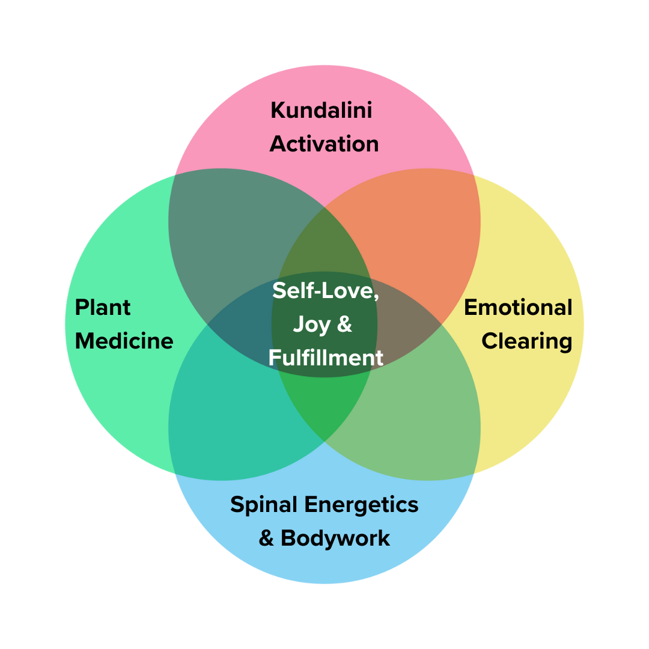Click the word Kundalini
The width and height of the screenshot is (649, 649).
click(x=321, y=111)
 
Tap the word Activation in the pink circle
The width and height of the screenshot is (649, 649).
click(x=324, y=144)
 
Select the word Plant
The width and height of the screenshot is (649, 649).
click(x=103, y=307)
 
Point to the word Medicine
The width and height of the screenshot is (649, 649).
click(x=124, y=341)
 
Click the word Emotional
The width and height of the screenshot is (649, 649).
click(x=518, y=307)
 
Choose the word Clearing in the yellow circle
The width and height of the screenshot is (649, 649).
click(x=526, y=341)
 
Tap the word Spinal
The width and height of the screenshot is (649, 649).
click(x=264, y=504)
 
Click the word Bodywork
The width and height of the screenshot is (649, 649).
click(x=335, y=538)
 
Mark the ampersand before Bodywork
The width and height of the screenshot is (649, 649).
click(x=266, y=538)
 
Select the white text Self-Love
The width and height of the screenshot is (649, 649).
click(x=325, y=291)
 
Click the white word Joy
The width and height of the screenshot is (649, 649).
click(x=311, y=325)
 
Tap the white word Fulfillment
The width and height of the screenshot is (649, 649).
click(x=325, y=358)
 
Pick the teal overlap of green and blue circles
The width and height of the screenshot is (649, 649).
click(x=228, y=421)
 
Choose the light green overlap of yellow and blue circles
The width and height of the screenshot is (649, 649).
click(x=421, y=421)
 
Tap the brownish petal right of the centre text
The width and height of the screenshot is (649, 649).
click(x=409, y=324)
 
